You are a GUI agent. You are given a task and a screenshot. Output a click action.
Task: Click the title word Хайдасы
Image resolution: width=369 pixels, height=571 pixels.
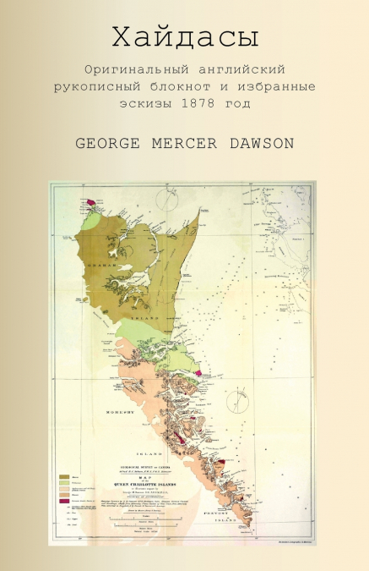(x=184, y=37)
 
